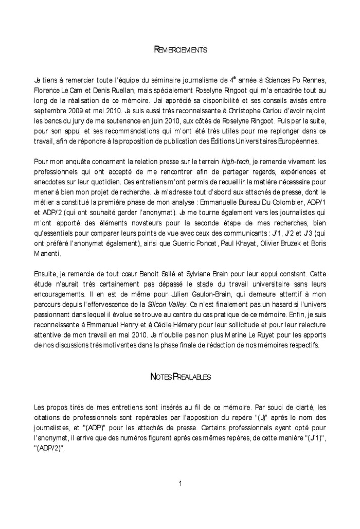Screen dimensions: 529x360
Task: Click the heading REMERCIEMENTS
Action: tap(181, 50)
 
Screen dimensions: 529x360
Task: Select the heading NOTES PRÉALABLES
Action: tap(180, 377)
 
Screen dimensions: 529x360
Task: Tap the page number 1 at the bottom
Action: tap(181, 483)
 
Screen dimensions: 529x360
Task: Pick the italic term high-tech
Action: tap(235, 161)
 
